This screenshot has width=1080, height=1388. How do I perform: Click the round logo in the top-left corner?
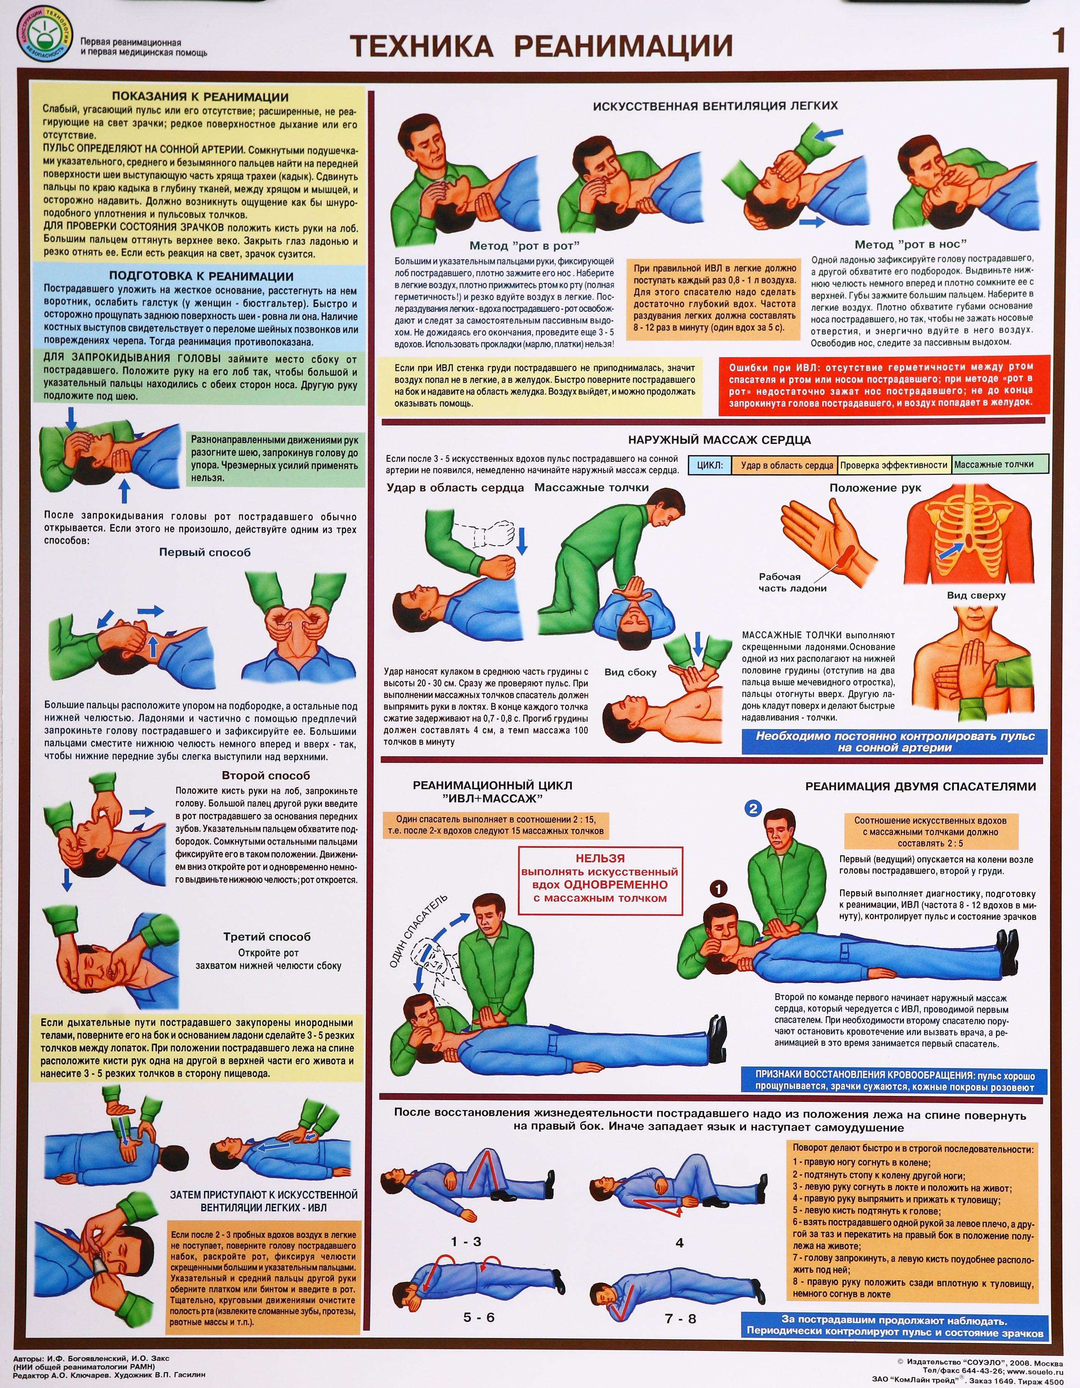tap(43, 36)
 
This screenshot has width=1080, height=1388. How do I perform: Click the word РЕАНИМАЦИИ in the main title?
tap(623, 46)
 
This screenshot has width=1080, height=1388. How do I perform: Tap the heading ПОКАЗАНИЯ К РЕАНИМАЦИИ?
tap(200, 97)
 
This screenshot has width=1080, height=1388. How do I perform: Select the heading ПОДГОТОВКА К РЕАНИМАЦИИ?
tap(201, 276)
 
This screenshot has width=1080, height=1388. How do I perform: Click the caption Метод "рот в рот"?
tap(525, 245)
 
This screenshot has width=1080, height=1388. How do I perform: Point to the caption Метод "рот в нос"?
tap(910, 244)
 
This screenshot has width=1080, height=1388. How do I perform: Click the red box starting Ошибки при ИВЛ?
tap(884, 385)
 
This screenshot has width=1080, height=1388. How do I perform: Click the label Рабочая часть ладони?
tap(792, 582)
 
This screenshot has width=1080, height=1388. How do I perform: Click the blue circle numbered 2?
tap(753, 808)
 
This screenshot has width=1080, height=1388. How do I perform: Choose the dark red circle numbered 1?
tap(718, 889)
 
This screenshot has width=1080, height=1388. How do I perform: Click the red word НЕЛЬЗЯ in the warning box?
tap(600, 858)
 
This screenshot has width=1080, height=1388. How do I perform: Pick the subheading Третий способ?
tap(267, 937)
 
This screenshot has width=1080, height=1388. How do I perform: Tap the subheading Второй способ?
tap(266, 775)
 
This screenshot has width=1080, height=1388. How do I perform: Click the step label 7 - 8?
tap(680, 1319)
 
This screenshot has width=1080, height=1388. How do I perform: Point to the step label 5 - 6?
tap(479, 1317)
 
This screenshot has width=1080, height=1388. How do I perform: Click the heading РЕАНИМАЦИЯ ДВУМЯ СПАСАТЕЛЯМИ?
tap(920, 786)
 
